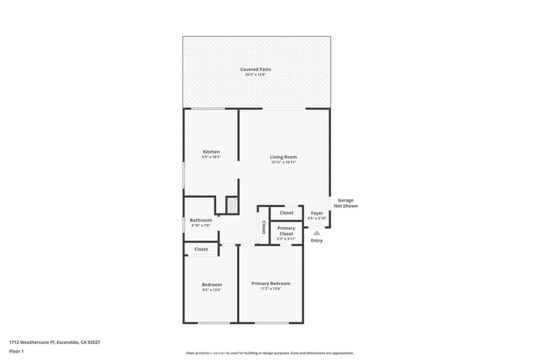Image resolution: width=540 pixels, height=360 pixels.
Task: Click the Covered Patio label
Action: [x=255, y=69]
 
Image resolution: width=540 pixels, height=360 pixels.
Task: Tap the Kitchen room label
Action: [x=211, y=152]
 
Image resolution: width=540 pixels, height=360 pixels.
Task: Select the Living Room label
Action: [x=283, y=157]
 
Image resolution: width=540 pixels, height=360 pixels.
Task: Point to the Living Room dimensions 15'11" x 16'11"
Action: [x=283, y=162]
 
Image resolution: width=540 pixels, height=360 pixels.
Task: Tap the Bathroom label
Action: [x=200, y=220]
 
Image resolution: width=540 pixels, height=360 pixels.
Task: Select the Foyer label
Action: [x=317, y=213]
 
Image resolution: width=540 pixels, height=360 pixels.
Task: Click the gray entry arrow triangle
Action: [x=317, y=232]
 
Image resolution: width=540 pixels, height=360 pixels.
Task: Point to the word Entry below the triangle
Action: [x=317, y=241]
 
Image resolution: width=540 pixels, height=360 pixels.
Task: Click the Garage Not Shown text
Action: [x=345, y=203]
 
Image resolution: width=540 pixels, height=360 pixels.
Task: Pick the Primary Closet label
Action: [x=286, y=231]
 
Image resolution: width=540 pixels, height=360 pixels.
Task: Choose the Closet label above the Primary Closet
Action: [x=286, y=213]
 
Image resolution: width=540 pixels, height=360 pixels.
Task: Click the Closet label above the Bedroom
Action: [x=201, y=249]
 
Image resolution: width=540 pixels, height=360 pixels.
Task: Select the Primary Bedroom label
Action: [x=271, y=284]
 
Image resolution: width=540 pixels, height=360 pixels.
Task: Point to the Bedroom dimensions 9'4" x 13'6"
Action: [x=211, y=290]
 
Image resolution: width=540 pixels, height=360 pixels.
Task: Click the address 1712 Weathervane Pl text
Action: [x=32, y=342]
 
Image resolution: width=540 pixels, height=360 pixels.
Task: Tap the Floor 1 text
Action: [x=16, y=351]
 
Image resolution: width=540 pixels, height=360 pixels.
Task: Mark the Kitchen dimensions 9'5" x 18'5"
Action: [x=211, y=157]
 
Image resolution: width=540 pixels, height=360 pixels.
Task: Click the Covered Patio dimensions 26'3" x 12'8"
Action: [x=255, y=75]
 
